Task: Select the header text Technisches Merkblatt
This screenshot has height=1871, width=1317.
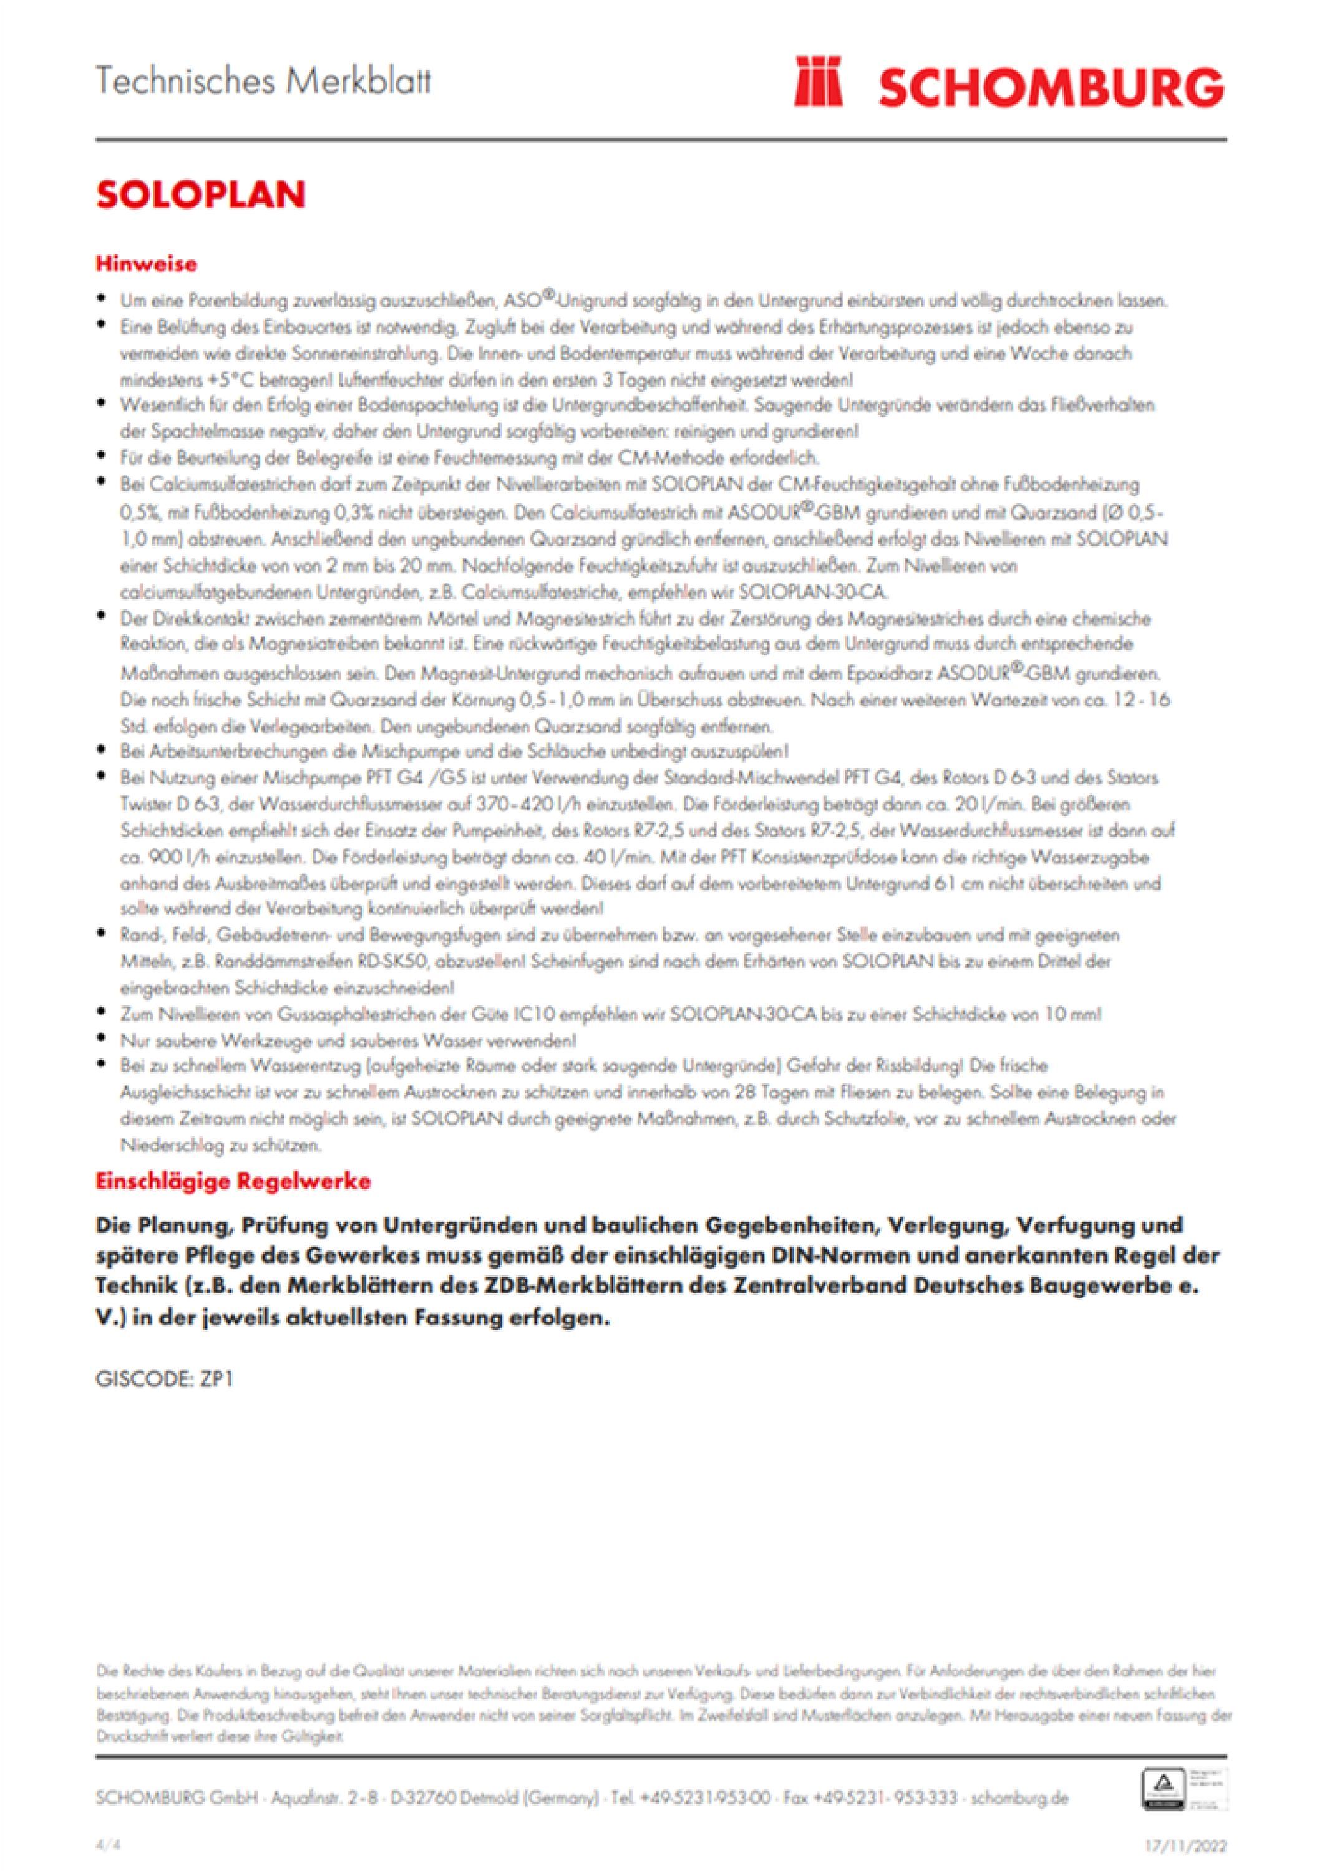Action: [x=263, y=82]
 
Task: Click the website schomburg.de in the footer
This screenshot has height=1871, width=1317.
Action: [x=1021, y=1797]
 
